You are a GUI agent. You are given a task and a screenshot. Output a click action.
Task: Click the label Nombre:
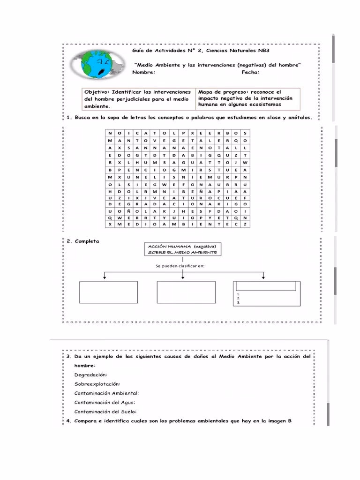point(143,72)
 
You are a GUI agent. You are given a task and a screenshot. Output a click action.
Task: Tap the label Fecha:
point(250,72)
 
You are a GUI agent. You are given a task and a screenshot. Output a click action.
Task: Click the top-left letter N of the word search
point(110,133)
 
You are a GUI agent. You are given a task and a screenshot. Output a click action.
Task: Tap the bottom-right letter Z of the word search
point(245,224)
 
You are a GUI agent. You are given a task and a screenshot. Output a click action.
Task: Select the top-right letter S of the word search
point(245,133)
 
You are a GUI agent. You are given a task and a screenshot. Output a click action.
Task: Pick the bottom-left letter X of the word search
point(110,224)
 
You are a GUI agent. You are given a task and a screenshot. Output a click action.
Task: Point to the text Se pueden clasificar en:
point(180,266)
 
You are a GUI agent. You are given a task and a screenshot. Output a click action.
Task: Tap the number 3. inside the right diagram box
point(239,303)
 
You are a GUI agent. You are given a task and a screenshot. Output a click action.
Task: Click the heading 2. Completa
point(82,241)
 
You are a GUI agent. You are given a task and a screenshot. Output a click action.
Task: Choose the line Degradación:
point(90,375)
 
